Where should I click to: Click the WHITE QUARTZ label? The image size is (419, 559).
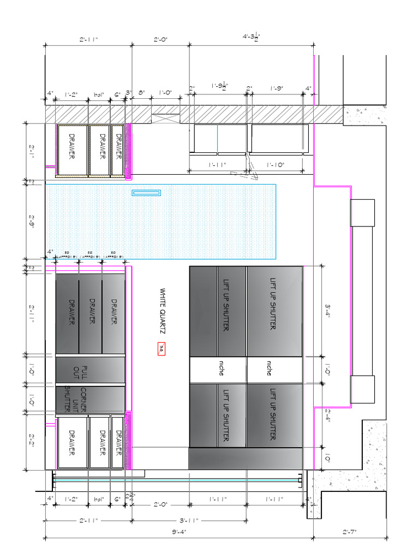162,311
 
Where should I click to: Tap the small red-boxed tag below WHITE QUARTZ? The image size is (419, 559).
161,349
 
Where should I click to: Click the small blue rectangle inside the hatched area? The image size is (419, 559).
146,193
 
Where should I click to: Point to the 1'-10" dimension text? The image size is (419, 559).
276,164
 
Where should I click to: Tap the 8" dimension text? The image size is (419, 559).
141,93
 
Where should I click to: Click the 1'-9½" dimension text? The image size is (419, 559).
219,86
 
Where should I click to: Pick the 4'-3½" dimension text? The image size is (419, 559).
251,38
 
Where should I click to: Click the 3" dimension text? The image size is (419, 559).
129,93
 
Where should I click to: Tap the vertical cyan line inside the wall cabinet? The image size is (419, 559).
217,139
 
